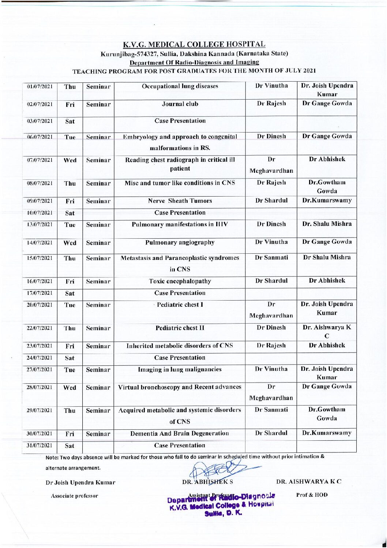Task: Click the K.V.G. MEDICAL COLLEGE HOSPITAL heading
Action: pyautogui.click(x=194, y=45)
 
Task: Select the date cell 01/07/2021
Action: pyautogui.click(x=40, y=87)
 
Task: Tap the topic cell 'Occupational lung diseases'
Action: pyautogui.click(x=180, y=86)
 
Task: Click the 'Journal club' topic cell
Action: pyautogui.click(x=180, y=104)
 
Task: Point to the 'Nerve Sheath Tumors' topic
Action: pyautogui.click(x=180, y=201)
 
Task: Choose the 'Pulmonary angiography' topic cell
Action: pyautogui.click(x=180, y=242)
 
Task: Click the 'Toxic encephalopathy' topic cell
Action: pyautogui.click(x=180, y=281)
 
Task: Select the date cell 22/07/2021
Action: pyautogui.click(x=40, y=328)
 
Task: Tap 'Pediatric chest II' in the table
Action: pyautogui.click(x=180, y=328)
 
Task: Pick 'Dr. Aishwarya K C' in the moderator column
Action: pyautogui.click(x=327, y=332)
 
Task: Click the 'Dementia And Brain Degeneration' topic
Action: pyautogui.click(x=180, y=433)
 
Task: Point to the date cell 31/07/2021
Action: pyautogui.click(x=40, y=446)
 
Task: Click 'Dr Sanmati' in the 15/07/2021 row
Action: pyautogui.click(x=271, y=258)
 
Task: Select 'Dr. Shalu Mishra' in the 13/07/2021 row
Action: pyautogui.click(x=327, y=224)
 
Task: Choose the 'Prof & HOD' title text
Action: pyautogui.click(x=312, y=495)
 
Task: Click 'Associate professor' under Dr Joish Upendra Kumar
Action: pyautogui.click(x=74, y=496)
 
